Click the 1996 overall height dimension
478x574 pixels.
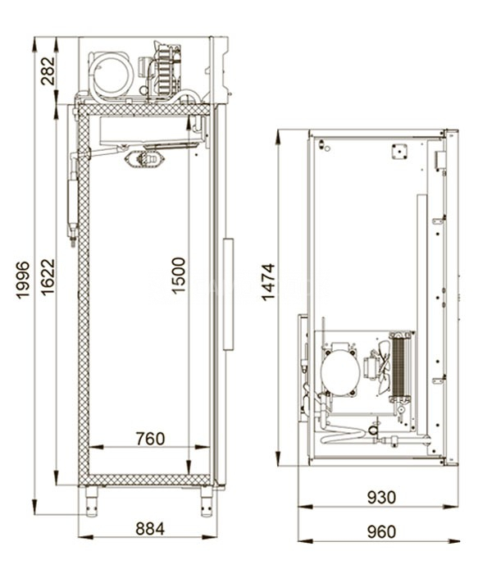tap(23, 280)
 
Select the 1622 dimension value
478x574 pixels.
tap(48, 277)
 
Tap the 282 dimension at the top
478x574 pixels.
tap(48, 71)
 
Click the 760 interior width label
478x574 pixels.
tap(150, 439)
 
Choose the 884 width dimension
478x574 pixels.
tap(150, 529)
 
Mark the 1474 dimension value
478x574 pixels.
tap(268, 282)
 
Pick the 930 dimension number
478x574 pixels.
tap(381, 497)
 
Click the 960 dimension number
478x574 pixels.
tap(381, 531)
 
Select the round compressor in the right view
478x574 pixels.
tap(340, 371)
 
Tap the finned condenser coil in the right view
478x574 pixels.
tap(401, 366)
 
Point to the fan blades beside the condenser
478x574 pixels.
tap(383, 367)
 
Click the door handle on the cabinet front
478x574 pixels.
tap(229, 294)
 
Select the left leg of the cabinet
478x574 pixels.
tap(92, 500)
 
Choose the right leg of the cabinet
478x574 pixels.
tap(207, 501)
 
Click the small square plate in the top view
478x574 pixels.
tap(399, 152)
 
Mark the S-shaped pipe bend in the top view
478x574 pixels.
tap(342, 435)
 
